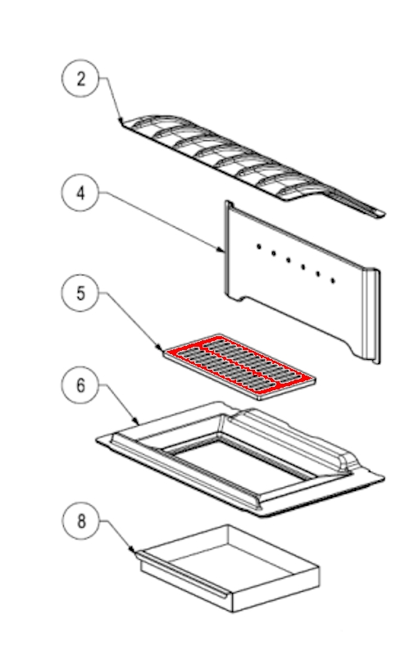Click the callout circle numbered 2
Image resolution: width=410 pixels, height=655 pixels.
pos(80,78)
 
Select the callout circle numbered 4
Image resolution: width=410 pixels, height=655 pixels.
pos(80,193)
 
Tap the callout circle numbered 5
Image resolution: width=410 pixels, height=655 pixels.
pos(80,293)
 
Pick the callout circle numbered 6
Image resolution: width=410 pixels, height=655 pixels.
pos(80,384)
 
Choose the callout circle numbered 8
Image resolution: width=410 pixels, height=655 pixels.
pos(81,521)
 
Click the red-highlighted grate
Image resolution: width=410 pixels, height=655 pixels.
pos(239,366)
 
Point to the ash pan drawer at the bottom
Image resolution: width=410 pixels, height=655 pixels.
pos(228,568)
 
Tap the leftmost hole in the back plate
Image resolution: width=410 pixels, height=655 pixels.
pos(259,247)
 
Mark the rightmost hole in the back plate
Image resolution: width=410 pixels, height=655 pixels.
pos(333,280)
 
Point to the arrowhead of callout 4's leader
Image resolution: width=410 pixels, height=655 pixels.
pos(222,250)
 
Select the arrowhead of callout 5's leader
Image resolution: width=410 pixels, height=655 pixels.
pos(159,348)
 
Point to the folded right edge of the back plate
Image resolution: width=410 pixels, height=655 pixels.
pos(372,316)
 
